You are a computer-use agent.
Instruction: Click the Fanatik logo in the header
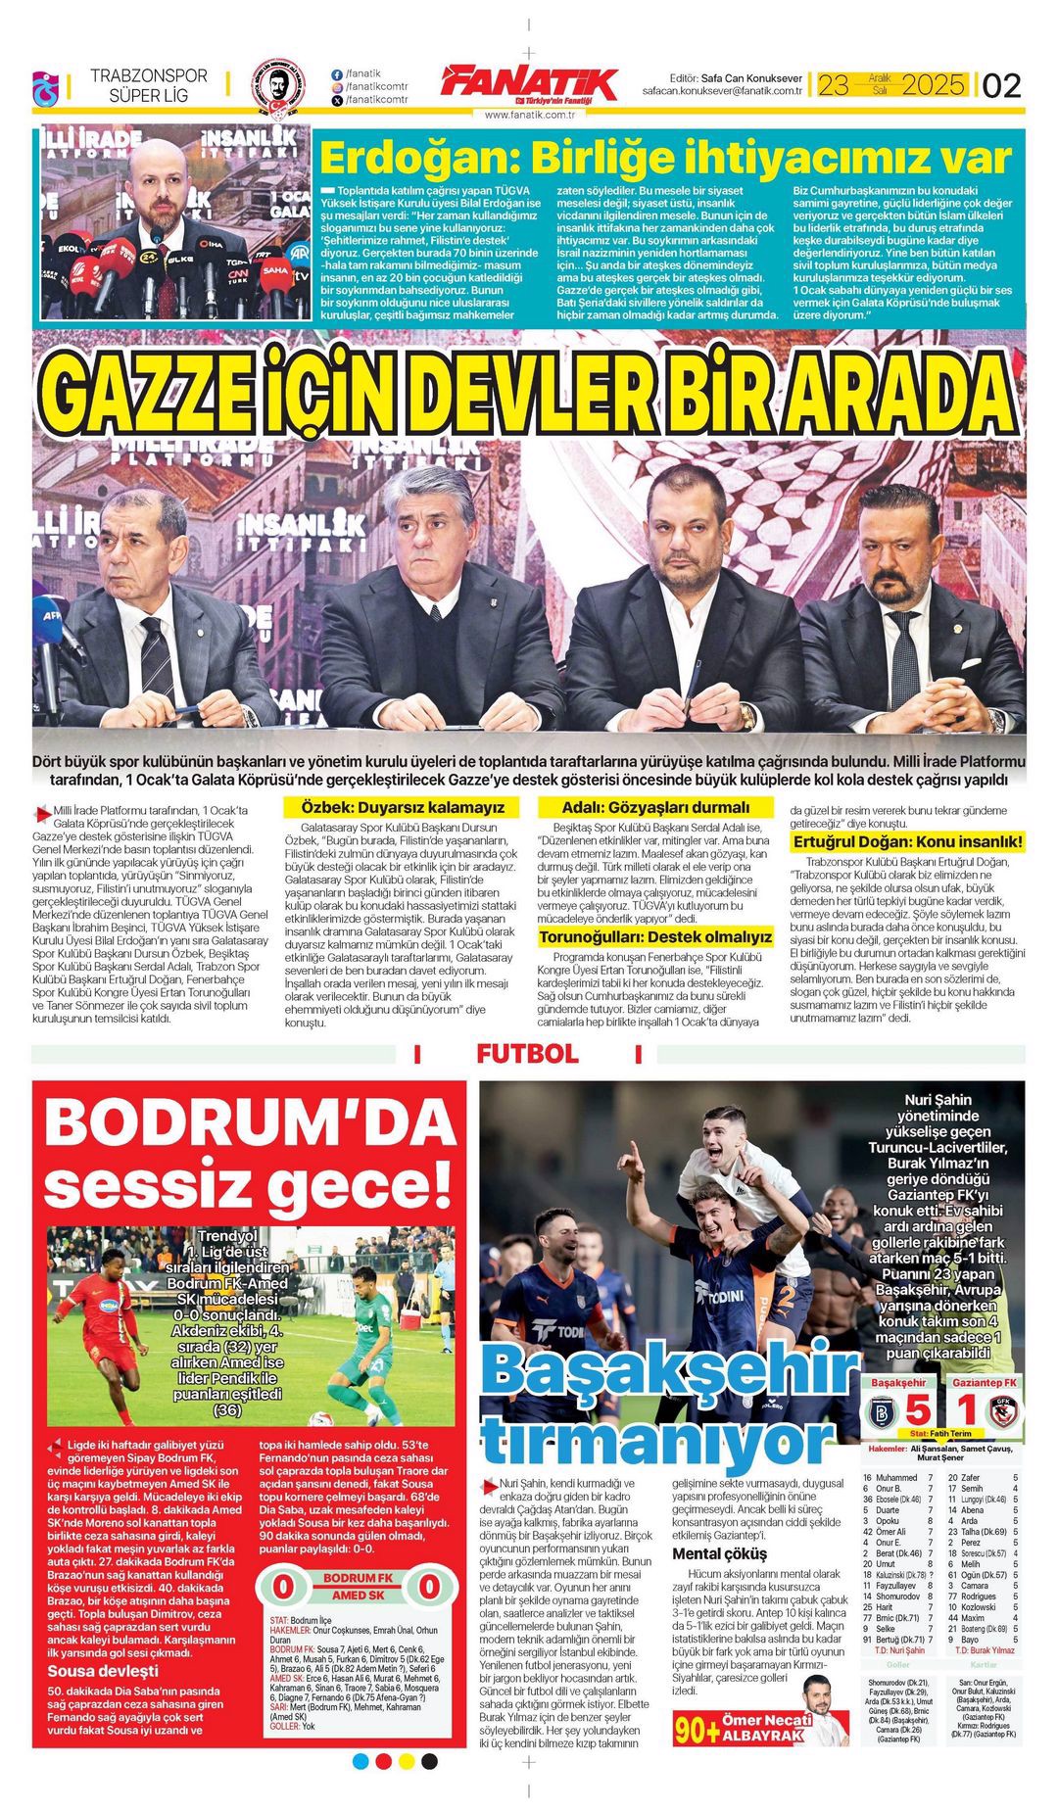point(529,84)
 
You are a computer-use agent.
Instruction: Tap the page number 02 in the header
point(1001,86)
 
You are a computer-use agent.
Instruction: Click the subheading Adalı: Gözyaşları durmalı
point(655,808)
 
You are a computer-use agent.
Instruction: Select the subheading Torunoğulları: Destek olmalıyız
point(655,937)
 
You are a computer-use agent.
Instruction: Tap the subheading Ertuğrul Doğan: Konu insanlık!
point(907,841)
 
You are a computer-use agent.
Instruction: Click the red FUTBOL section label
point(527,1054)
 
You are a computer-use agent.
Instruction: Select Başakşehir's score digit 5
point(917,1410)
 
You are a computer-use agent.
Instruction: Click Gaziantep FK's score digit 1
point(967,1410)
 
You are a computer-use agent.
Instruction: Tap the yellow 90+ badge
point(697,1730)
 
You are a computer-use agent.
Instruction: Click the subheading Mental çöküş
point(720,1554)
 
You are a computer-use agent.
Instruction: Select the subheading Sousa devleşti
point(103,1671)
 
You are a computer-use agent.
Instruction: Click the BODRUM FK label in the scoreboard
point(358,1578)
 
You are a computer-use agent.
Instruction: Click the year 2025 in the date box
point(934,85)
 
